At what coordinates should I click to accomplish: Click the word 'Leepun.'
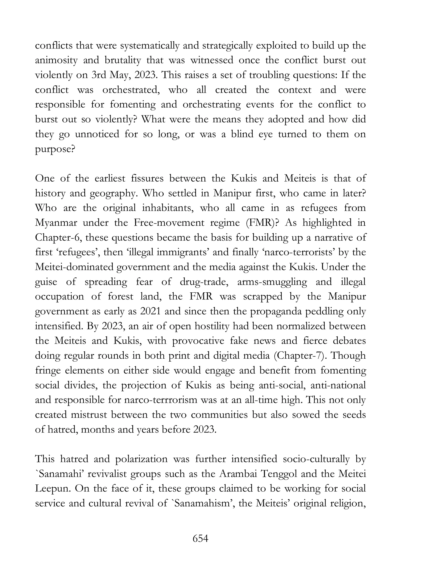click(x=53, y=489)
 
